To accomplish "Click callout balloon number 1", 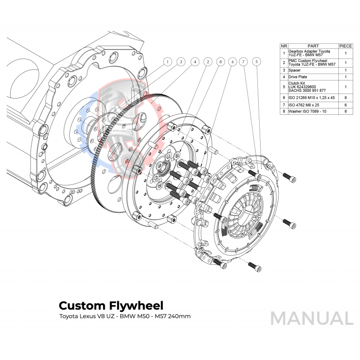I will tap(167, 62).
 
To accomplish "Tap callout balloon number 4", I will tap(195, 62).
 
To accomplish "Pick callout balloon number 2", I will tap(208, 62).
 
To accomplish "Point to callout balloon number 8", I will tap(220, 62).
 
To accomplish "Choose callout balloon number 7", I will tap(243, 62).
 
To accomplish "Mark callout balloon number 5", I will tap(256, 62).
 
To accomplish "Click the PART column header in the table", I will tap(313, 46).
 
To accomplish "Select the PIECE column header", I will tap(346, 46).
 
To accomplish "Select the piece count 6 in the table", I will tap(346, 104).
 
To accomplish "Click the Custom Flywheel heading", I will tap(111, 306).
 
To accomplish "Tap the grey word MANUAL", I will tap(311, 318).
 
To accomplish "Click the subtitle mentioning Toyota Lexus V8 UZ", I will tap(125, 317).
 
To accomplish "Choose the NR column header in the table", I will tap(283, 46).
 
